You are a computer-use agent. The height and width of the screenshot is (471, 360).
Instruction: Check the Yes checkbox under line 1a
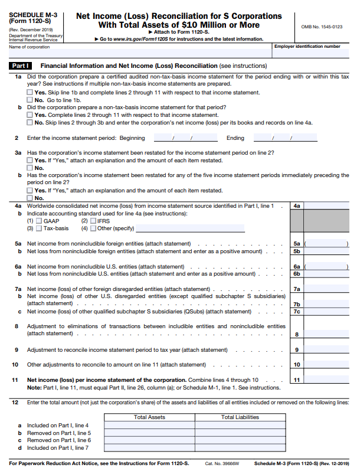click(x=30, y=93)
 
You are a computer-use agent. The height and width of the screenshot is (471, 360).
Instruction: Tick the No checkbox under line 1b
click(x=30, y=122)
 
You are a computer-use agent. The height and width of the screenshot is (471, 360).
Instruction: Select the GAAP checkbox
click(x=39, y=221)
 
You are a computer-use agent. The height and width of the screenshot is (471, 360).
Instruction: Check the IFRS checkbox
click(x=93, y=221)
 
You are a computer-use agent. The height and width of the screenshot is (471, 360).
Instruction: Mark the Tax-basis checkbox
click(x=39, y=228)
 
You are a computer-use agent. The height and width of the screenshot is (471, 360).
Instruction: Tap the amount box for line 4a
click(x=328, y=205)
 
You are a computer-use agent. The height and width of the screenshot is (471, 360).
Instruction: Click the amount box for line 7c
click(x=328, y=312)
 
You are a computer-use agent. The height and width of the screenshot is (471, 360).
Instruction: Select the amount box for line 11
click(x=328, y=380)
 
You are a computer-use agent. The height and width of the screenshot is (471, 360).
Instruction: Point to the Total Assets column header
click(x=149, y=417)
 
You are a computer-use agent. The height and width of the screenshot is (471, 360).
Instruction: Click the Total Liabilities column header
click(x=240, y=417)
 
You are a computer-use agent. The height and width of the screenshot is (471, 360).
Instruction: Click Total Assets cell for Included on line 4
click(x=149, y=425)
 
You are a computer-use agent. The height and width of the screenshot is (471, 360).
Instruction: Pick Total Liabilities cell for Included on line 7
click(x=240, y=448)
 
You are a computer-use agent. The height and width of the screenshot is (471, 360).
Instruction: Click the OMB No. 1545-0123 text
click(x=322, y=27)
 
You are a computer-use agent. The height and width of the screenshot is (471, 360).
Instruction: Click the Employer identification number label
click(x=315, y=46)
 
